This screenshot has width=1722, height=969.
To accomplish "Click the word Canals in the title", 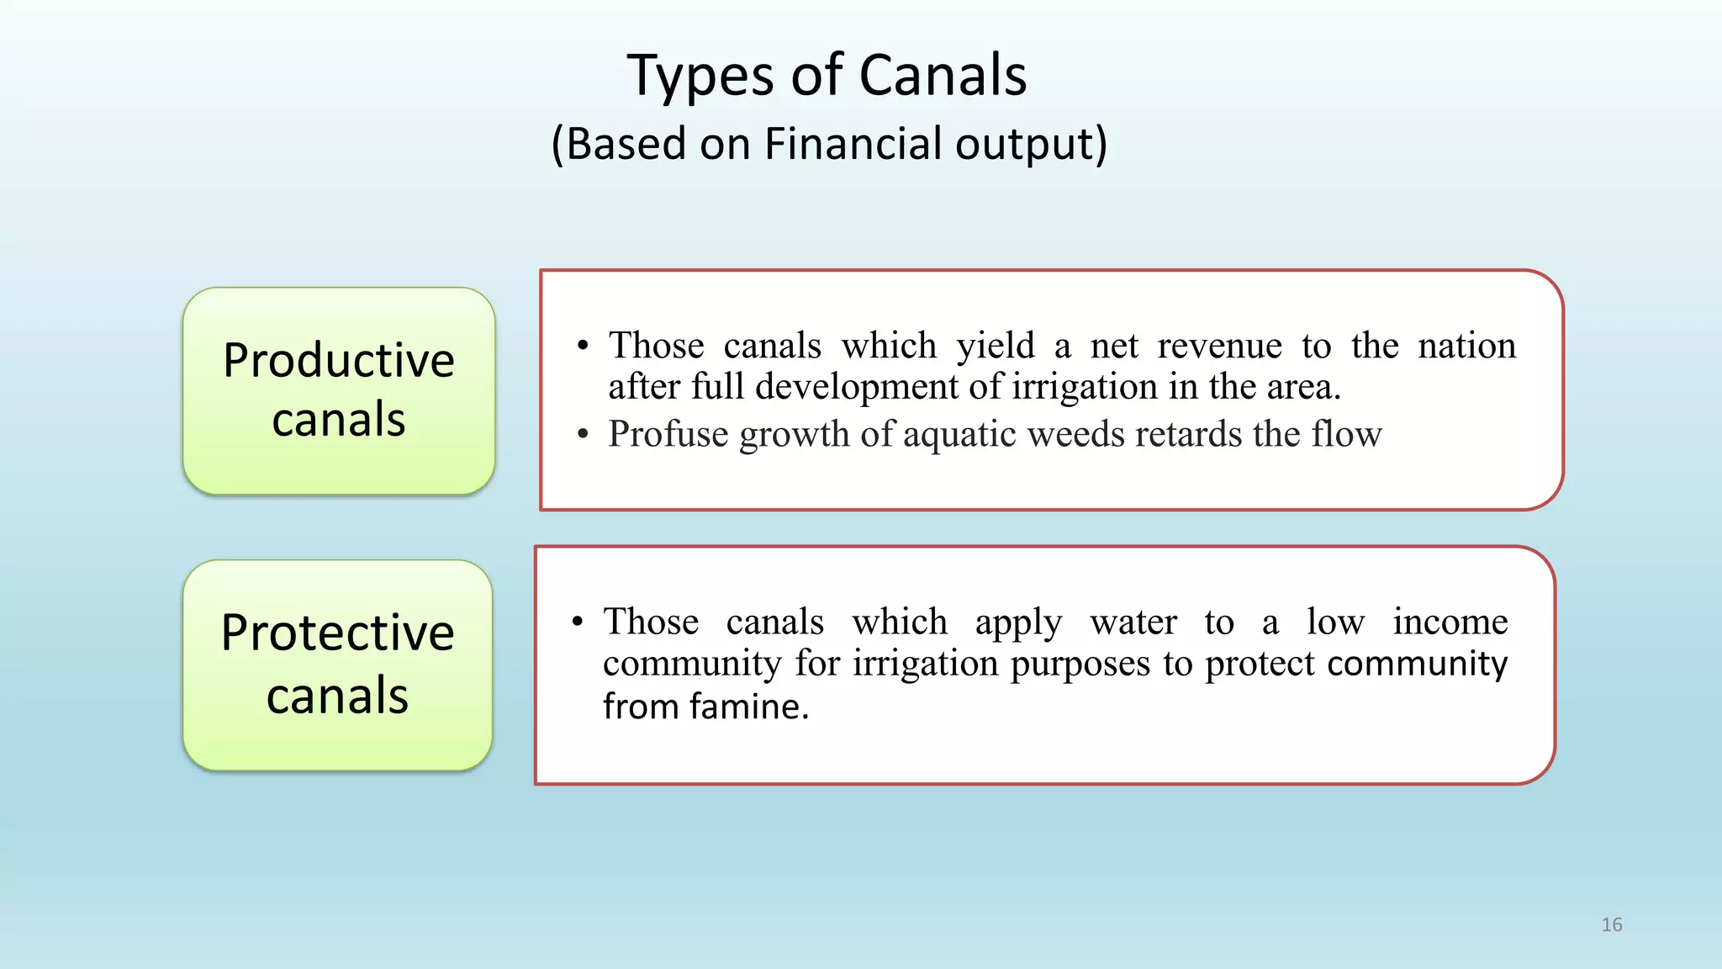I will [x=943, y=76].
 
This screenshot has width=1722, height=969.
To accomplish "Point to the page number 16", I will [x=1611, y=924].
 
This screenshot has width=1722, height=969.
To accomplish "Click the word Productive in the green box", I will [x=339, y=362].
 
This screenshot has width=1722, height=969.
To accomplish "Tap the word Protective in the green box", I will [x=337, y=633].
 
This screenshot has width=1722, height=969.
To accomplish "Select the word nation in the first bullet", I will [x=1466, y=346].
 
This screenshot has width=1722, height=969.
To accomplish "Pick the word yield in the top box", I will [x=996, y=347].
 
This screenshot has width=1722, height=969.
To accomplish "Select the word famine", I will [x=749, y=707].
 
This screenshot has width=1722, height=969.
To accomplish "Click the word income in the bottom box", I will [x=1450, y=622].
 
